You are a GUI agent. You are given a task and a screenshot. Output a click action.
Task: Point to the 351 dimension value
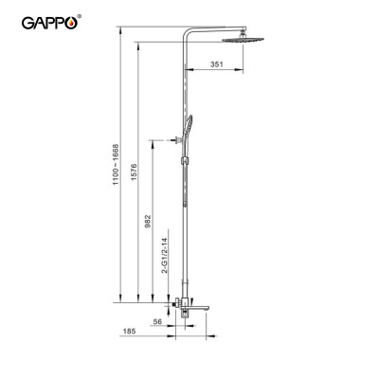point(216,64)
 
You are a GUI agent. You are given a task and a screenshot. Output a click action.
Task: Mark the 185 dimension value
point(128,333)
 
